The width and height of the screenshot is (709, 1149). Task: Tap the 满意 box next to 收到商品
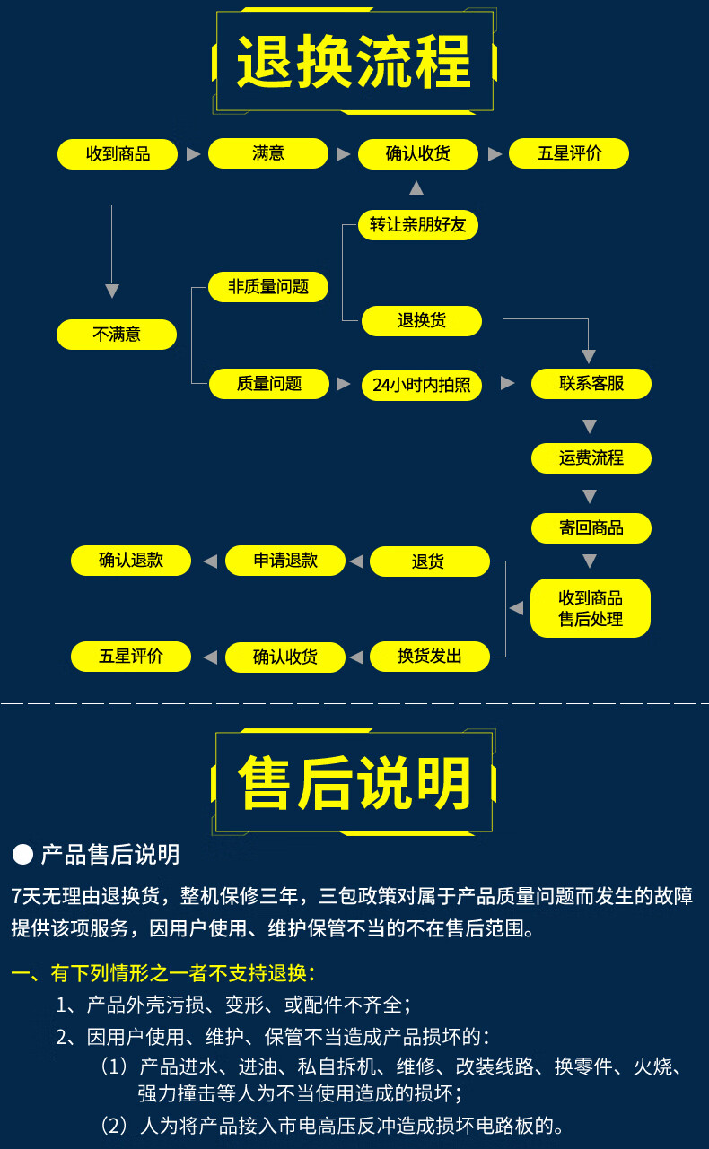click(267, 153)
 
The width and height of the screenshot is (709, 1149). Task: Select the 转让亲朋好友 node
click(418, 225)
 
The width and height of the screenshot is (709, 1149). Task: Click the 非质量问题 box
click(268, 287)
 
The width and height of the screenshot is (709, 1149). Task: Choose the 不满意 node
click(117, 335)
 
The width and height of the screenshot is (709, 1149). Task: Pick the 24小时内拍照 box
click(422, 385)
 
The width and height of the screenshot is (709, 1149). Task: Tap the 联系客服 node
click(591, 384)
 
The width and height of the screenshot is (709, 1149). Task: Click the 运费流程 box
click(591, 457)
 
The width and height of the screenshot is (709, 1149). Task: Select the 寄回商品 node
click(591, 527)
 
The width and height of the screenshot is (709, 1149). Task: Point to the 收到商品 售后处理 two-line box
click(591, 608)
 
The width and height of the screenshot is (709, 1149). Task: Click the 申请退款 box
click(285, 561)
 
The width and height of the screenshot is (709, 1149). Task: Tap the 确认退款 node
click(131, 561)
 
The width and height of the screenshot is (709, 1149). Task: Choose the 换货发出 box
click(430, 657)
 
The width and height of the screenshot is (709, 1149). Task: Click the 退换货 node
click(422, 320)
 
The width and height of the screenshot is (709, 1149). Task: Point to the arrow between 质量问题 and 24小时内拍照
click(343, 384)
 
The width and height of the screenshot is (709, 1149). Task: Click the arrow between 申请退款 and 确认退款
click(209, 561)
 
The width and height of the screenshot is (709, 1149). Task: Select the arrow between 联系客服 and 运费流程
click(590, 425)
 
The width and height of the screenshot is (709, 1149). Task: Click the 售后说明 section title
click(354, 782)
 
